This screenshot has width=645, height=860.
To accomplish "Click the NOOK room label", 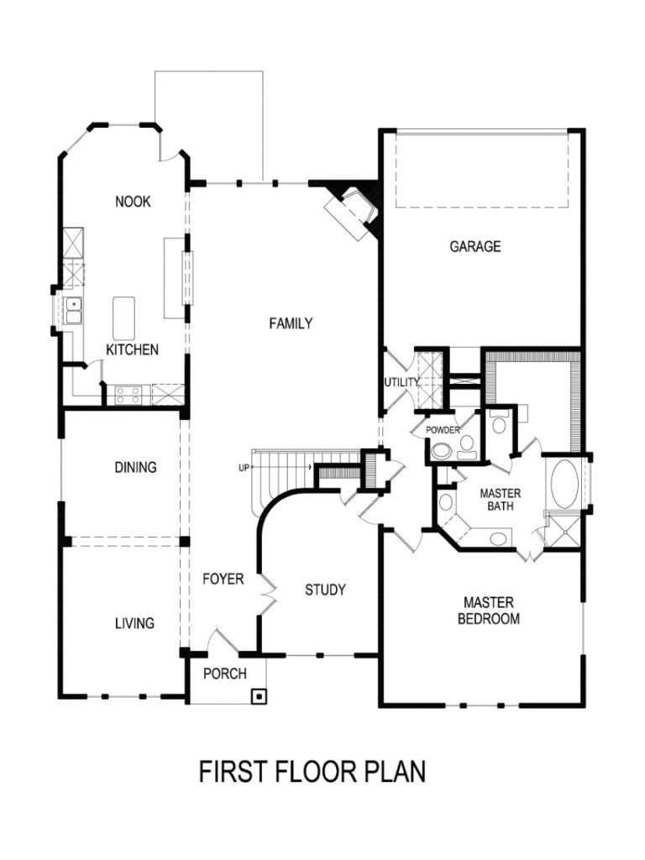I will tap(133, 202).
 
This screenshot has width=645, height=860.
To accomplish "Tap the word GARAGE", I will tap(475, 247).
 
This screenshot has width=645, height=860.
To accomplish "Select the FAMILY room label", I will tap(291, 323).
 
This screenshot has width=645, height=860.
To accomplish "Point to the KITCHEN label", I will tap(132, 349).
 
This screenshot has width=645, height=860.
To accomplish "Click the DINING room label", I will tap(135, 468).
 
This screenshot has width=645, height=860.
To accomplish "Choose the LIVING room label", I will tap(134, 623).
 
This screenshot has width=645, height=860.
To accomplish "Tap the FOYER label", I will tap(223, 579).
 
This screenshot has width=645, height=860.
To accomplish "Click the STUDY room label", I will tap(325, 590).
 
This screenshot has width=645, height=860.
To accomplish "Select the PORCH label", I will tap(224, 674).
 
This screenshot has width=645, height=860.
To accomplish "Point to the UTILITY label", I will tap(401, 383).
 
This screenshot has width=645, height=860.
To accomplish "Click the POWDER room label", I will tap(443, 430).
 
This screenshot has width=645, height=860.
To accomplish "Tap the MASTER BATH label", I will tap(501, 500).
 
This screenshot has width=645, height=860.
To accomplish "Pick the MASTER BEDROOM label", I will tap(488, 611).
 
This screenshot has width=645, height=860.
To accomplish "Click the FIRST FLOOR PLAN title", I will tap(312, 772).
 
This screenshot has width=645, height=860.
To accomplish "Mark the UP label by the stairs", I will tap(244, 468).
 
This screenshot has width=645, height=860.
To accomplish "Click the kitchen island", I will tap(124, 318).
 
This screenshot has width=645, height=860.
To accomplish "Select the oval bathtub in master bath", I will tap(564, 483).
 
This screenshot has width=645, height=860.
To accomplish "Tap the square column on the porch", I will tap(260, 695).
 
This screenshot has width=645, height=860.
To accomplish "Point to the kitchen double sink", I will tap(74, 310).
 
